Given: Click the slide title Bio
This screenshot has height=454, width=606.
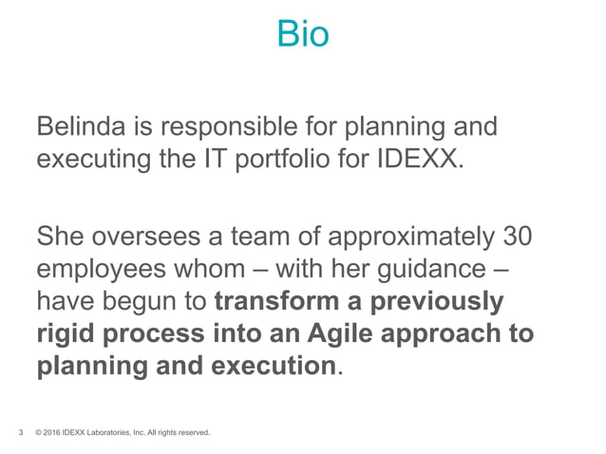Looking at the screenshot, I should click(302, 35).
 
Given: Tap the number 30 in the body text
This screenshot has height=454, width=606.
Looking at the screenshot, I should click(513, 236).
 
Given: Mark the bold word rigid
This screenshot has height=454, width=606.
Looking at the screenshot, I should click(67, 334).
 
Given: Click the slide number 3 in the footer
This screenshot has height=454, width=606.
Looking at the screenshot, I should click(21, 434).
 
